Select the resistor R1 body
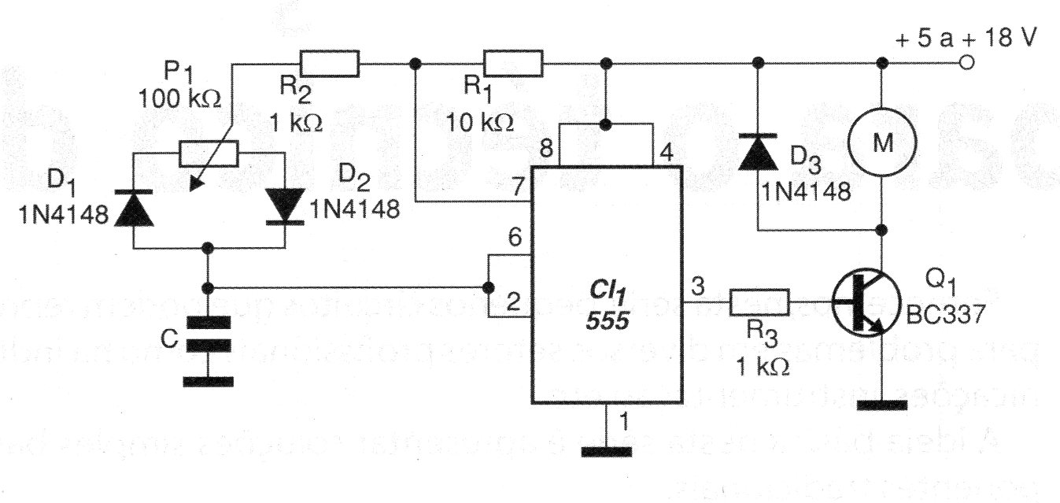(x=513, y=62)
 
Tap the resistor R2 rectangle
(x=329, y=62)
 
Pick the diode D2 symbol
(x=285, y=206)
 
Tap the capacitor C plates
(x=208, y=334)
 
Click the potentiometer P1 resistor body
(x=208, y=154)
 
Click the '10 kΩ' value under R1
(x=479, y=122)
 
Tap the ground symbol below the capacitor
(x=208, y=382)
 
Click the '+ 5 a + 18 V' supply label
(x=966, y=38)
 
